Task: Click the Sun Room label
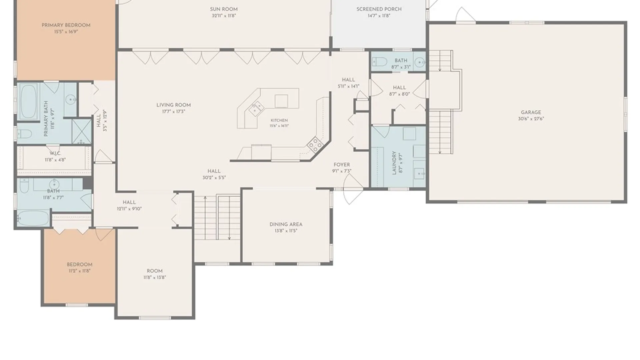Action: [224, 9]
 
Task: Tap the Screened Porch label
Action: [379, 9]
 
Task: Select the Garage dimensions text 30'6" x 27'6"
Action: [531, 119]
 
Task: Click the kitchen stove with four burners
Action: [315, 144]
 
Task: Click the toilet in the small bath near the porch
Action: [379, 62]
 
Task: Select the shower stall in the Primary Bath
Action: [82, 131]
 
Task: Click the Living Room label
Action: [174, 105]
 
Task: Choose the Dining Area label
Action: [286, 224]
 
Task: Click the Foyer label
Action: [342, 165]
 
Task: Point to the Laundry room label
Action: [394, 163]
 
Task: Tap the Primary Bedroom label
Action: [66, 25]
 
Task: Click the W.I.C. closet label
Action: [55, 154]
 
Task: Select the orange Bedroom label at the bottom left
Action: [79, 265]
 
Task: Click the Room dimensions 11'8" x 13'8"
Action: [155, 277]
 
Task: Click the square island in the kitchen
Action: [281, 101]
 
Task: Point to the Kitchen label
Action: [279, 120]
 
